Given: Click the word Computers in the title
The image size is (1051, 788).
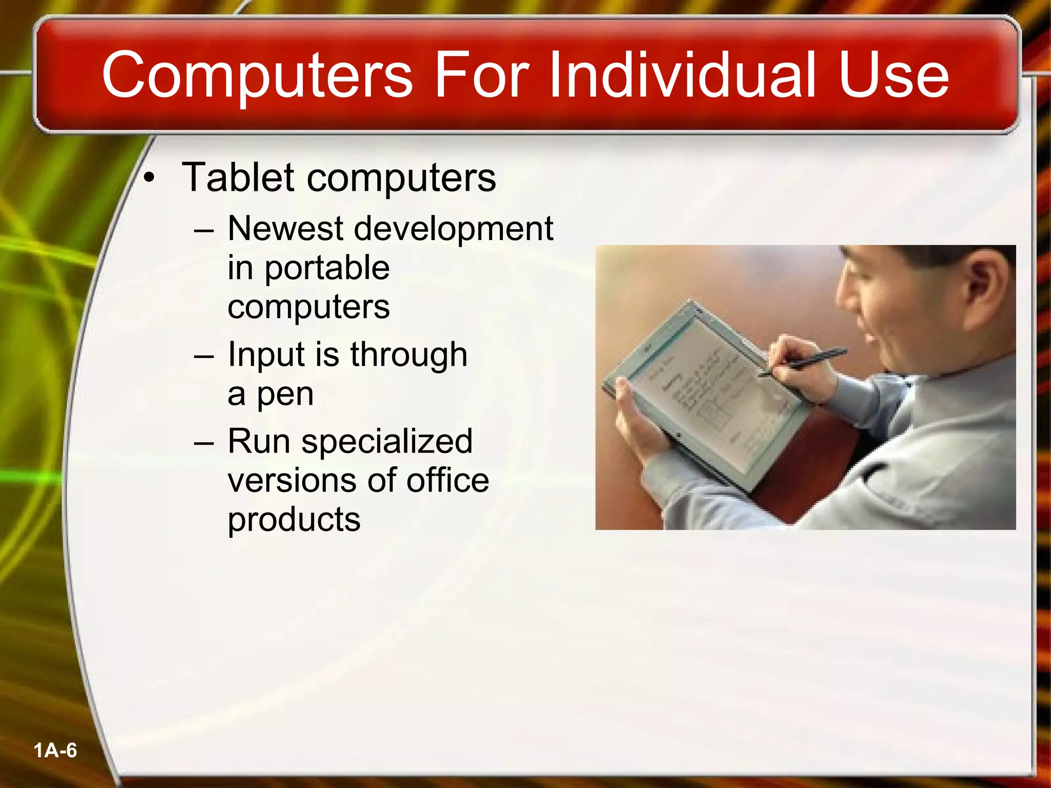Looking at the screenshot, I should tap(257, 76).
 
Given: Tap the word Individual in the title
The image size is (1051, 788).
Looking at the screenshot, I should tap(683, 75).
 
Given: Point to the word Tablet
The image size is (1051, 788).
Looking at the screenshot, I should tap(238, 177).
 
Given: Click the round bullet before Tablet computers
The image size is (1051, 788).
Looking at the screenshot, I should tap(149, 178).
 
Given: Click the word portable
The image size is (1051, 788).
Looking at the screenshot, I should tap(327, 269).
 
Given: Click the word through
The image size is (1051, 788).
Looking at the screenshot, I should tap(408, 355).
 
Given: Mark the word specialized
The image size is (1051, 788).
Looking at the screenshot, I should tap(386, 442).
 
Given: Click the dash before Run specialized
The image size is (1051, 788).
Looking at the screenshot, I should tap(204, 442).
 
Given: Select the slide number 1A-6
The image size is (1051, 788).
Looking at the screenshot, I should tap(55, 751).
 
